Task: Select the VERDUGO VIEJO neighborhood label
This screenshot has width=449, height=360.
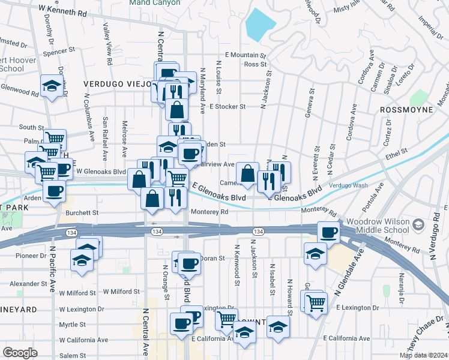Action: click(x=117, y=84)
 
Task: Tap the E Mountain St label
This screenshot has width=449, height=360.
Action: click(x=246, y=55)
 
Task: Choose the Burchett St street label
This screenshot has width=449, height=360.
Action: click(x=83, y=212)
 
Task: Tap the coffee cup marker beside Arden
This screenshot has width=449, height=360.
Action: click(x=55, y=191)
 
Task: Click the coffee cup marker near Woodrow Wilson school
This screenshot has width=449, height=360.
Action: click(x=328, y=232)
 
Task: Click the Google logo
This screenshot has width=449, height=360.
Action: click(x=20, y=352)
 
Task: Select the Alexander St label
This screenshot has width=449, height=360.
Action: click(x=24, y=283)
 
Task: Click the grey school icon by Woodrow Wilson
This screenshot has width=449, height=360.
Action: click(x=418, y=225)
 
